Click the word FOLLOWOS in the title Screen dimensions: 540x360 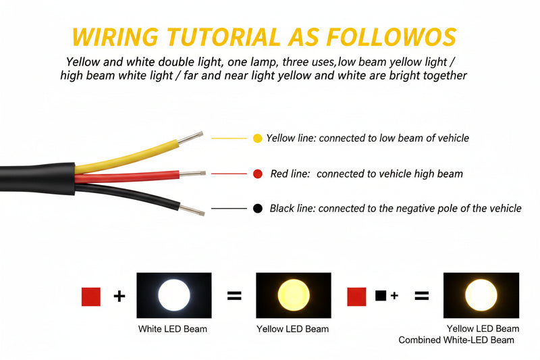click(x=391, y=37)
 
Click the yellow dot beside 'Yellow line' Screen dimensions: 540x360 click(x=258, y=138)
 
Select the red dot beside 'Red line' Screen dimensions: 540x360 click(x=258, y=174)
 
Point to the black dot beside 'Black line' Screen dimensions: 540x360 click(x=258, y=208)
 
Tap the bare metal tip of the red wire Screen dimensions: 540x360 click(x=192, y=174)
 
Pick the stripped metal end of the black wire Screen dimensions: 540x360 click(x=192, y=210)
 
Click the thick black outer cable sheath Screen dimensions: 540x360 click(x=37, y=179)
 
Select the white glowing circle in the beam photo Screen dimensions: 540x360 click(x=174, y=295)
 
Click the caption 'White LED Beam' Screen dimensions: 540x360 click(x=173, y=329)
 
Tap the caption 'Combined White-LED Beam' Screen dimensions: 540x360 click(x=456, y=340)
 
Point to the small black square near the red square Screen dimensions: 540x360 click(x=381, y=295)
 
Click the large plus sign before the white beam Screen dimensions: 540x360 click(x=119, y=297)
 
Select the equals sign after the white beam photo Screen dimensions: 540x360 click(x=234, y=296)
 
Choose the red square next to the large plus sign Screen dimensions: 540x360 click(x=91, y=297)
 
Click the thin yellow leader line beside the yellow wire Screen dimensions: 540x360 click(x=229, y=138)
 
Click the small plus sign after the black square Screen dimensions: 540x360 click(x=394, y=295)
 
